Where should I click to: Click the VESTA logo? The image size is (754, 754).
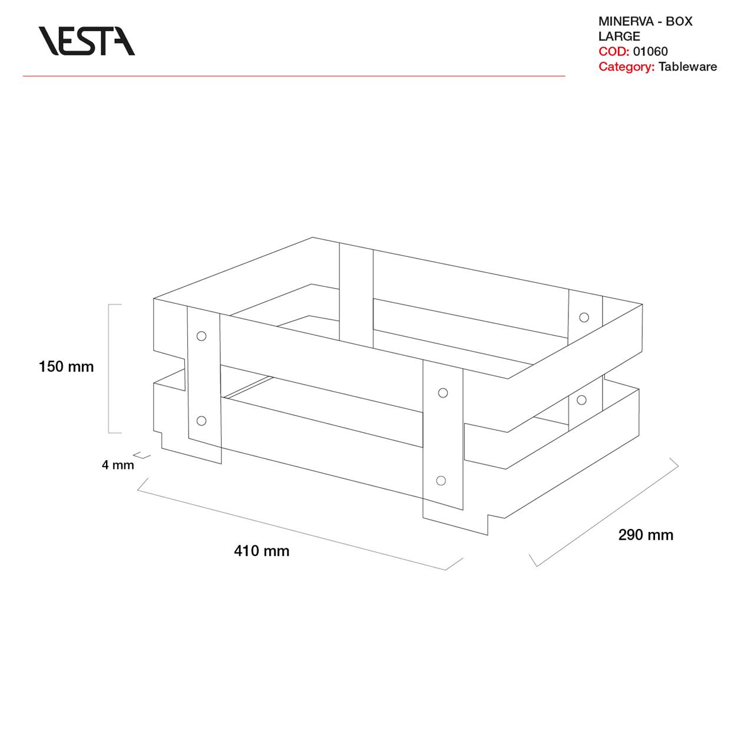coord(87,41)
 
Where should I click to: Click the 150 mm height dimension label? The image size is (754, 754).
coord(66,366)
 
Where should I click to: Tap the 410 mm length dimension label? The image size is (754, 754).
coord(262,551)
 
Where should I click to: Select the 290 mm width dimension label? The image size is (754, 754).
coord(646,535)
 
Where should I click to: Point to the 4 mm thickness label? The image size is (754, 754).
coord(118,465)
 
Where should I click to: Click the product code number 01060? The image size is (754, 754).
coord(650,51)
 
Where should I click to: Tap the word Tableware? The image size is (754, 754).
coord(687,67)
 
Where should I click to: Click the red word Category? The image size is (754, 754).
coord(626,67)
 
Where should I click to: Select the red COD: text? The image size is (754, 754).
coord(614,51)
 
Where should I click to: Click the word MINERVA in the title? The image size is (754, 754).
coord(624,21)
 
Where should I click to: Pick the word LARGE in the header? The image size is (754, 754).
coord(619,37)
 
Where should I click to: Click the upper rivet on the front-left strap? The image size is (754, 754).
coord(201,336)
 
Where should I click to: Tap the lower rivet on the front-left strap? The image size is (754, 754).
coord(201,421)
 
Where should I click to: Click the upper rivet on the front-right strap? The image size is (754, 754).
coord(443,393)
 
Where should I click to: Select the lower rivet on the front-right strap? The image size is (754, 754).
coord(441,481)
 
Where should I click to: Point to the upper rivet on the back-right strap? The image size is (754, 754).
coord(584,318)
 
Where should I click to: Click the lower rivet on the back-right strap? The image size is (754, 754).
coord(581,400)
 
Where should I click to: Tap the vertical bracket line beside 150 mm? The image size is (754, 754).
coord(109,369)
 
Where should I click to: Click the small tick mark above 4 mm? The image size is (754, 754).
coord(141,455)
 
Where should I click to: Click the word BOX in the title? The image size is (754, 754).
coord(679,21)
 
